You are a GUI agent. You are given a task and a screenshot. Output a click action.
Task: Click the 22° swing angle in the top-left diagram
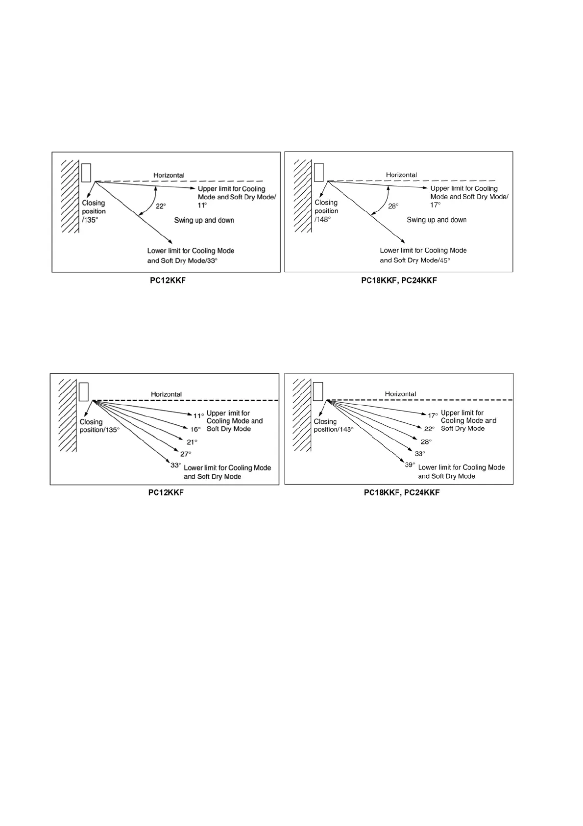(x=161, y=206)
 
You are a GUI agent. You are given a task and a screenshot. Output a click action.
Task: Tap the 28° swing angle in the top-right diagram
(x=393, y=206)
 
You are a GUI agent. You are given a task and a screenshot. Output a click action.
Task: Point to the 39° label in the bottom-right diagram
(x=410, y=465)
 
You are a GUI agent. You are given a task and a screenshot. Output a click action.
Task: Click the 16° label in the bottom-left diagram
(x=195, y=429)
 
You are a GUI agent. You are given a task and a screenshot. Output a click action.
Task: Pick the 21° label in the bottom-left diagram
(x=192, y=442)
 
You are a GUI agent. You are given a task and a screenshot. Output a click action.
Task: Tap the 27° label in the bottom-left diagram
(x=186, y=454)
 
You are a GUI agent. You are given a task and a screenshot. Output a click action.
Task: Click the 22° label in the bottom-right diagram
(x=429, y=429)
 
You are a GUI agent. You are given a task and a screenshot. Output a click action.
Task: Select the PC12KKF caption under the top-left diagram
(x=168, y=281)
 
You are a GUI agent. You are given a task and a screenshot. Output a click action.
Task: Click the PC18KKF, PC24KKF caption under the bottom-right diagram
(x=402, y=492)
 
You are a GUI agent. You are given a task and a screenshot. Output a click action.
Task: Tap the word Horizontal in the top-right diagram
(x=401, y=175)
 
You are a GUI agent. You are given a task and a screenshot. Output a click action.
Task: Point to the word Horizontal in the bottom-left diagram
(x=166, y=394)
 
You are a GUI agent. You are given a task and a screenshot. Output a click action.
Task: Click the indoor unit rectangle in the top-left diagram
(x=86, y=172)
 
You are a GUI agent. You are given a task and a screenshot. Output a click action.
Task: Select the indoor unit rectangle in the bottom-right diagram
(x=318, y=391)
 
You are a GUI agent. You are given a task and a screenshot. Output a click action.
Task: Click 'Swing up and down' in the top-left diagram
(x=204, y=220)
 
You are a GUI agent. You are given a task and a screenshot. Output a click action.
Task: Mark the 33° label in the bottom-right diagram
(x=420, y=454)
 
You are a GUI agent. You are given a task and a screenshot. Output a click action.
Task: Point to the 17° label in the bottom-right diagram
(x=433, y=415)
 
